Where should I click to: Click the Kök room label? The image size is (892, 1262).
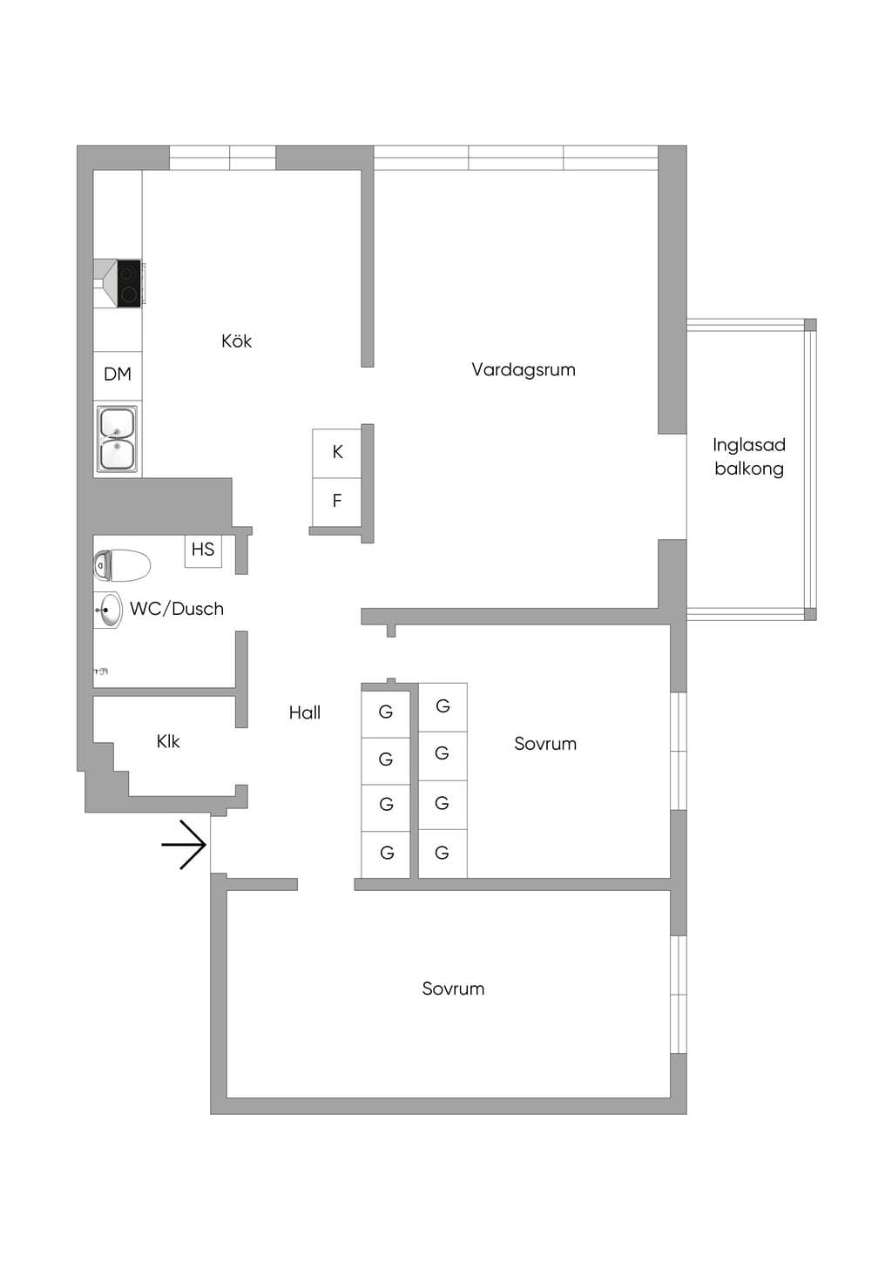[236, 341]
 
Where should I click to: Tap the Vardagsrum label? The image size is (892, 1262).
[524, 369]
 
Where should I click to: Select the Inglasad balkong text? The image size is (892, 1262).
[749, 457]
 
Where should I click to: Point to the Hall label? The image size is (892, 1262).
[305, 712]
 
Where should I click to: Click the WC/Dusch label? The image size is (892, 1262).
[177, 609]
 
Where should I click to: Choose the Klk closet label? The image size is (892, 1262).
[168, 741]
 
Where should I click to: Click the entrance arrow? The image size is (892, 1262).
[184, 845]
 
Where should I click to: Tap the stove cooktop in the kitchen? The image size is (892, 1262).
[129, 283]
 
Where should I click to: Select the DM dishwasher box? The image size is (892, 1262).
[118, 375]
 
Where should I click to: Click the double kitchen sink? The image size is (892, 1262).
[118, 439]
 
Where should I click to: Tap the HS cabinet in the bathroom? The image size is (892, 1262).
[203, 550]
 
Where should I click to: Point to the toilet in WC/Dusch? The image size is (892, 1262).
[122, 565]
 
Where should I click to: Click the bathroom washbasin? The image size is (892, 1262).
[108, 610]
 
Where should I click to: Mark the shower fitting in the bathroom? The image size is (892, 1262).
[101, 671]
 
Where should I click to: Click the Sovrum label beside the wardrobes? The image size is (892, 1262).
[545, 744]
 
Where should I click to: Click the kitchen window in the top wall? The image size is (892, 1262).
[222, 158]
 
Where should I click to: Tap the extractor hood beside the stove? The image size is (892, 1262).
[105, 283]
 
